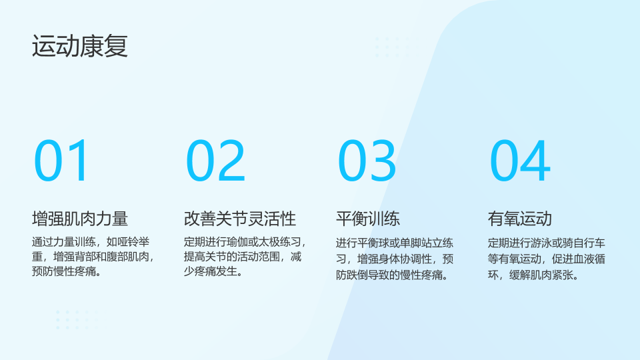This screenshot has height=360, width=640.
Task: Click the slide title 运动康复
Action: click(x=80, y=46)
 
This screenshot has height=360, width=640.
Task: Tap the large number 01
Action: click(x=61, y=161)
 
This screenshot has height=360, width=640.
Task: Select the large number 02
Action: click(x=215, y=161)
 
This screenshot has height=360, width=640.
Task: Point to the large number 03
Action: click(x=367, y=161)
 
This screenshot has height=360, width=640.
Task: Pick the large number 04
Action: click(x=520, y=161)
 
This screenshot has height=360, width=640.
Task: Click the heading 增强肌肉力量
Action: click(x=80, y=219)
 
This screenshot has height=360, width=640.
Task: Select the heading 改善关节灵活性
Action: click(x=239, y=219)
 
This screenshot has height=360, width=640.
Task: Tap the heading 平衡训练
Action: click(x=368, y=219)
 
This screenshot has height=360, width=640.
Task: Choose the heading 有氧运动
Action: click(x=519, y=219)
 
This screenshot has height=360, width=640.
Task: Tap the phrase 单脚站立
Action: click(x=421, y=243)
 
